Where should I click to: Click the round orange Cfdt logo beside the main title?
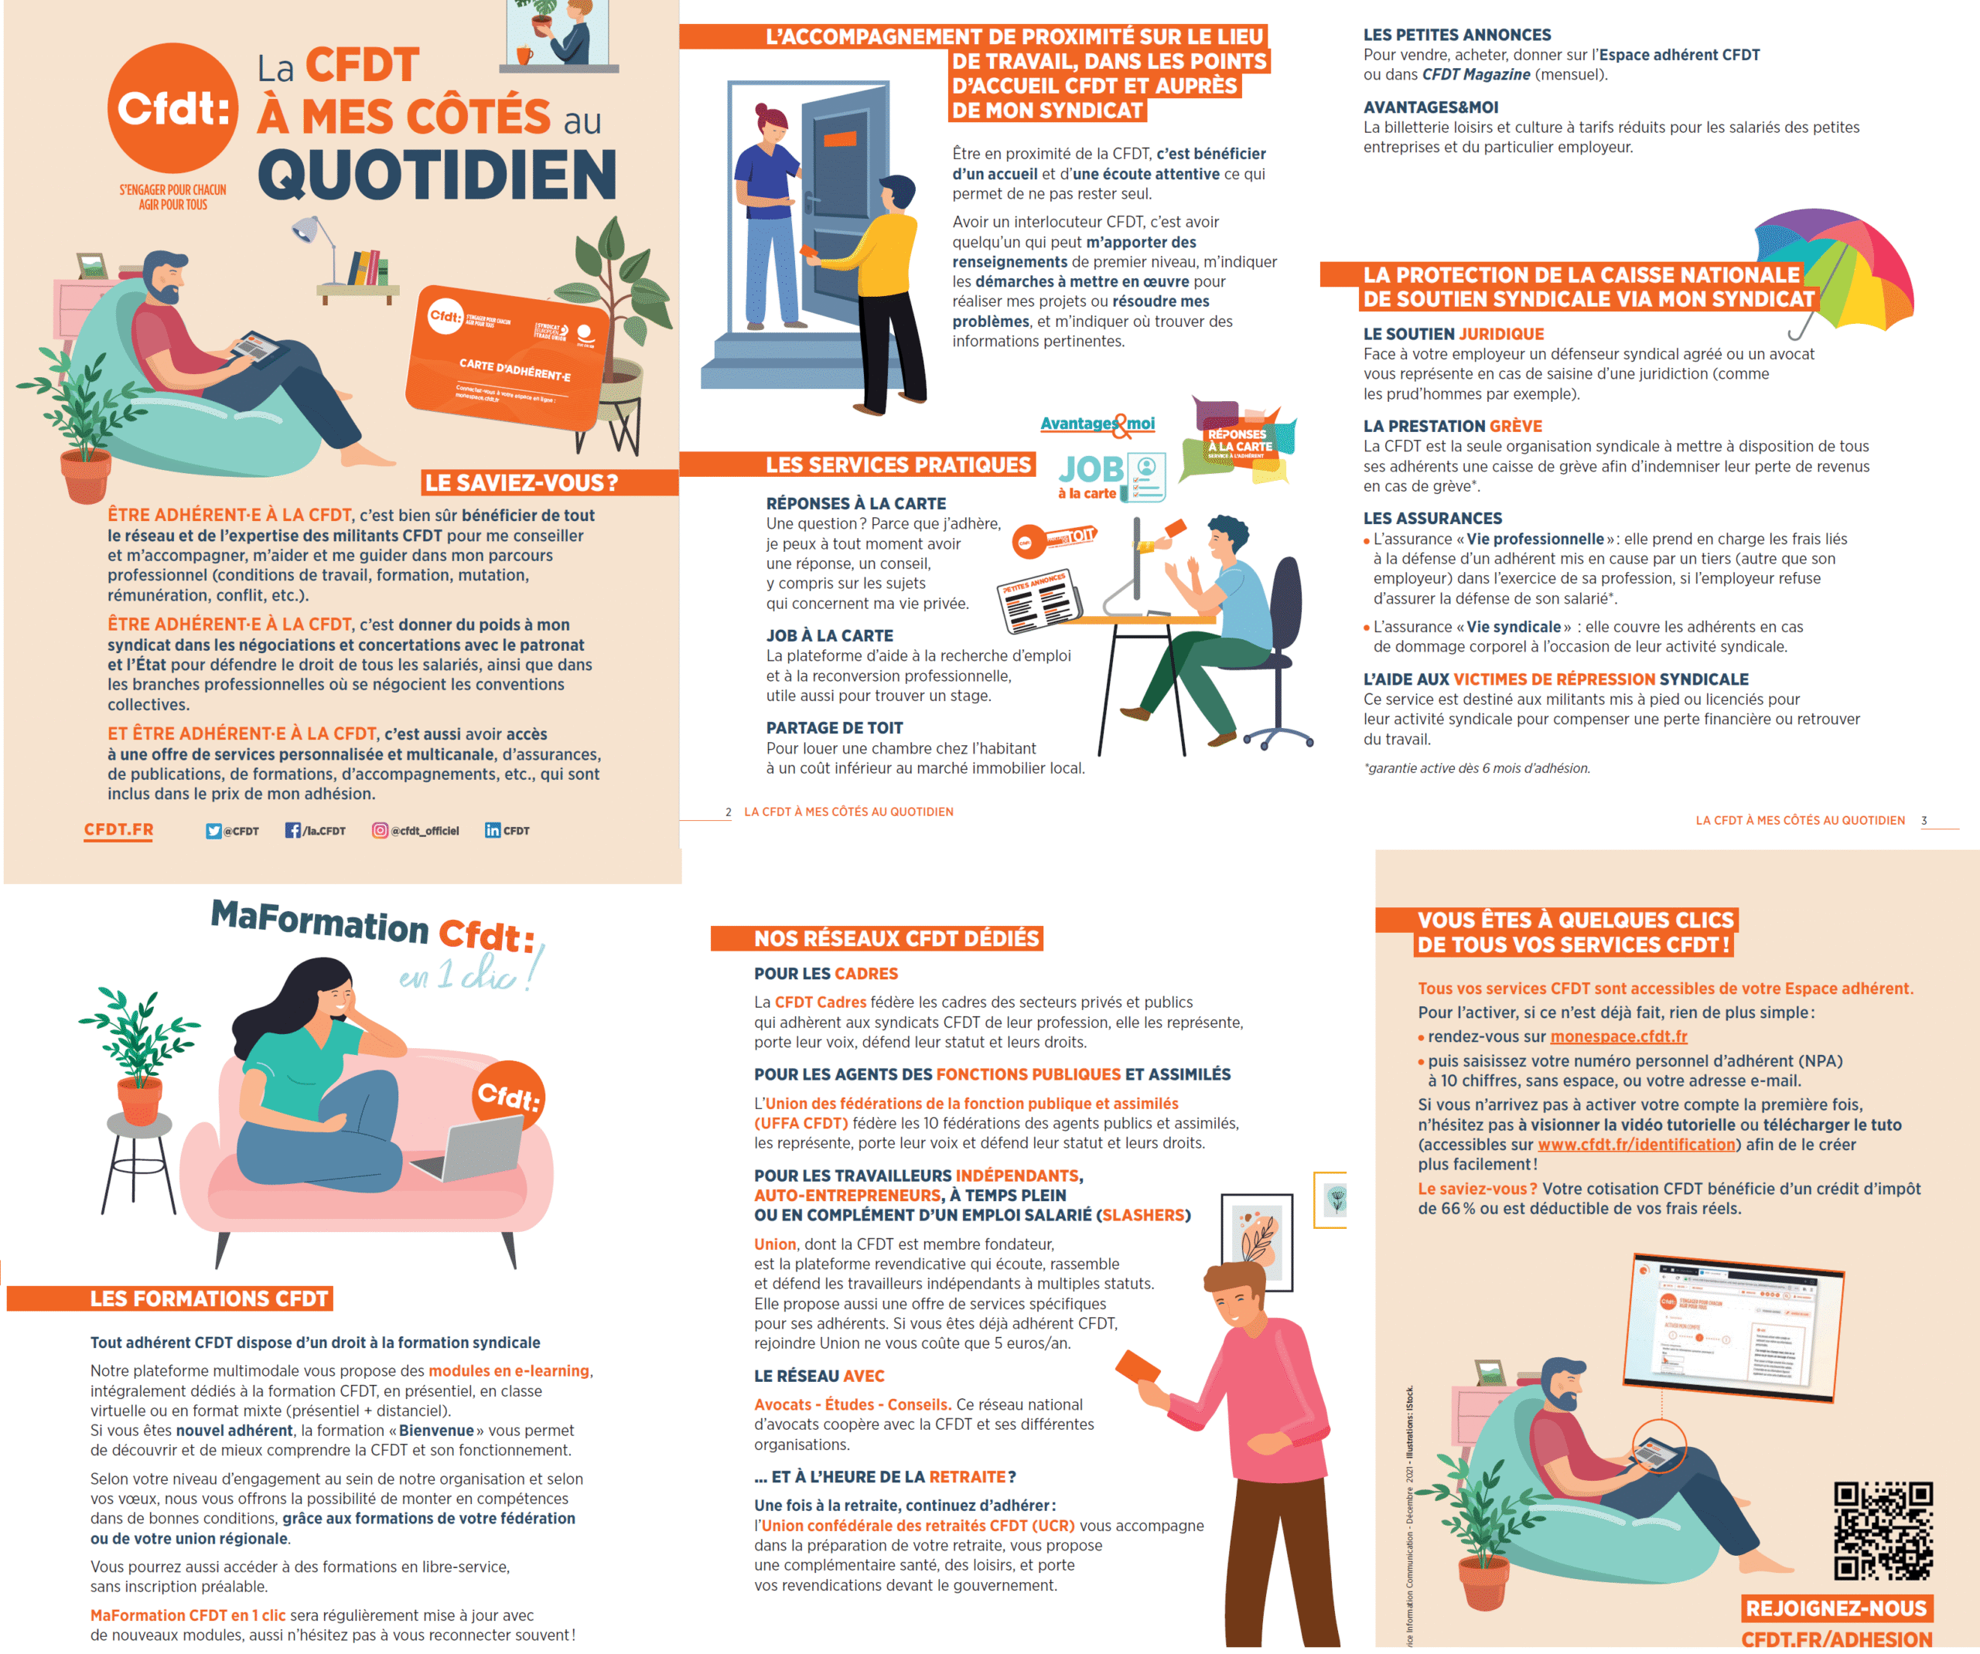172,108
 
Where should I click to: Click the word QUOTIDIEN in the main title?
438,175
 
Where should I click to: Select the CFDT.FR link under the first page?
119,830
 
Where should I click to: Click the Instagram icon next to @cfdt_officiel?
380,830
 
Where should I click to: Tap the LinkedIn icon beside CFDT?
492,830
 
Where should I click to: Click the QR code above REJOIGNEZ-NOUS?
1883,1530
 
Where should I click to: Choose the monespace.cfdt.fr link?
1619,1036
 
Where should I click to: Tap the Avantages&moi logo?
1098,425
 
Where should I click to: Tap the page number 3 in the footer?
1924,821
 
